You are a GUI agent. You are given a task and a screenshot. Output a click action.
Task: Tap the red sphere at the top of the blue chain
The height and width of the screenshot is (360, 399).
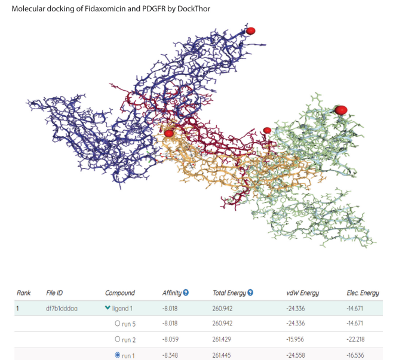[251, 30]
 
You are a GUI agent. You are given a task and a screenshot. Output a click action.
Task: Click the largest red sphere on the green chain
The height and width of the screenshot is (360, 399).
[341, 110]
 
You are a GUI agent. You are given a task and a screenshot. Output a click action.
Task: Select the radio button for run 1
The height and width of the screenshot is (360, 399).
[118, 355]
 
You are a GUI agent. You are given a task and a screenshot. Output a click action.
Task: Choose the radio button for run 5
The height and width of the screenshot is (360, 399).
[118, 324]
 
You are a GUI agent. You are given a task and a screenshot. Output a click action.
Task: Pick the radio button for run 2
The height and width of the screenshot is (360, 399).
[118, 339]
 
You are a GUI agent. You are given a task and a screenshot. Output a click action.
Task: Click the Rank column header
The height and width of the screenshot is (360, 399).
[24, 293]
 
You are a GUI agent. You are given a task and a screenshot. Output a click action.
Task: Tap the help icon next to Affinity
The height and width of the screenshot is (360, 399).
[186, 293]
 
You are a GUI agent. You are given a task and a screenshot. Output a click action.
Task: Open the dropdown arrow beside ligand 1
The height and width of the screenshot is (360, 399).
[108, 309]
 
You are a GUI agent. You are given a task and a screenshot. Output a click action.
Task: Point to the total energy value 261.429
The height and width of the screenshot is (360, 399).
[225, 340]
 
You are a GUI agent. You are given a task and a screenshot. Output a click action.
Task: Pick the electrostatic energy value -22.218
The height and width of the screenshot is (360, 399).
[359, 340]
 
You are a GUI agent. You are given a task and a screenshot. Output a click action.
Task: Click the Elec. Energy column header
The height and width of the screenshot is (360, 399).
[363, 293]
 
